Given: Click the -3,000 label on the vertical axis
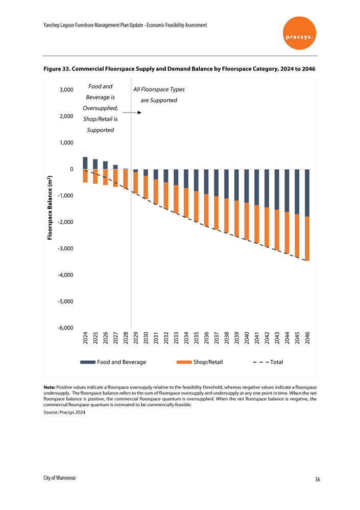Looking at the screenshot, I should click(x=65, y=248).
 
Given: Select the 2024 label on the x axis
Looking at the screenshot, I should click(x=85, y=338).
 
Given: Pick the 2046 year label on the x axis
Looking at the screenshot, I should click(x=307, y=338).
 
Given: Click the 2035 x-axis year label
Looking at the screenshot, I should click(x=196, y=338).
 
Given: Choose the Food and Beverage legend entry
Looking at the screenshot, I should click(x=113, y=362).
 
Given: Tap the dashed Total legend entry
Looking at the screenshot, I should click(x=267, y=362).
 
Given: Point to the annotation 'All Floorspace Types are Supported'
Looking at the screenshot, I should click(x=159, y=95).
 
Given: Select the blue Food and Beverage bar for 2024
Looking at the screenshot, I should click(x=85, y=163).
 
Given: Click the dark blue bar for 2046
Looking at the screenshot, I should click(x=307, y=193).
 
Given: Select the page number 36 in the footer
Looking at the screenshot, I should click(x=317, y=479).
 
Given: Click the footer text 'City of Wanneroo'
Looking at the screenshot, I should click(x=58, y=478).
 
